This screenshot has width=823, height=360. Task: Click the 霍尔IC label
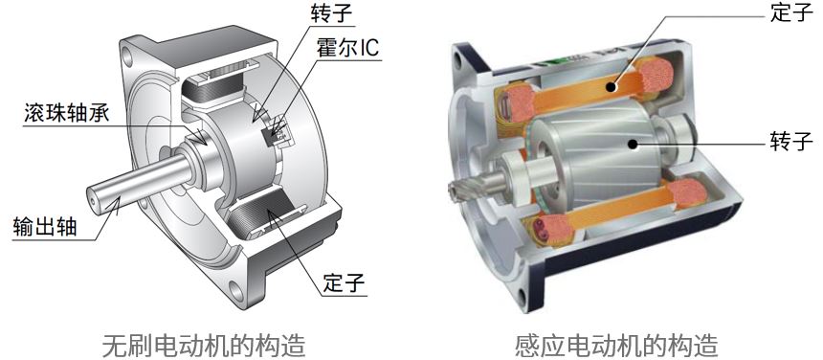347,48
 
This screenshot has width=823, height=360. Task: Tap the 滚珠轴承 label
67,112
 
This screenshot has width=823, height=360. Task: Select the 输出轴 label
45,227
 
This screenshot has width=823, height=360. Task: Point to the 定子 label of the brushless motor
345,283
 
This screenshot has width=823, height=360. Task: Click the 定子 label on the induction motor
791,12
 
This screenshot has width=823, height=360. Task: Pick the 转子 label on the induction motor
791,142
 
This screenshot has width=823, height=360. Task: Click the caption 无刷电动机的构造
203,346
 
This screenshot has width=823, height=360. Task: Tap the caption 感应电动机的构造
616,346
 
